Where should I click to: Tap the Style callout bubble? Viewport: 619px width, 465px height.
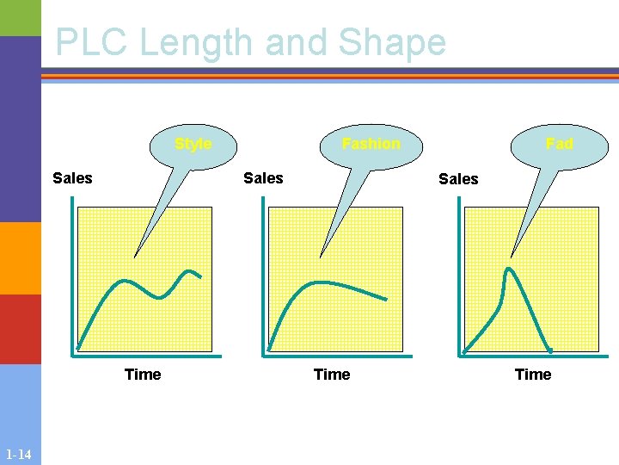point(193,144)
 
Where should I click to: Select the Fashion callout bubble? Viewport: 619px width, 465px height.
point(371,144)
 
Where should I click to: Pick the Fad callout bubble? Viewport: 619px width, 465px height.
point(559,144)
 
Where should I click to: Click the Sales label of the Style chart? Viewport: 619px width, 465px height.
point(72,178)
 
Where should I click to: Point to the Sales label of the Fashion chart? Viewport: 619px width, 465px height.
point(263,178)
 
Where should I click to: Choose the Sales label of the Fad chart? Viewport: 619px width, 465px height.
point(458,179)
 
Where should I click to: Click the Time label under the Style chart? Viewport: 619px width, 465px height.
point(143,374)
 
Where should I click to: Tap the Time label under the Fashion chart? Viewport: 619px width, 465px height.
point(332,374)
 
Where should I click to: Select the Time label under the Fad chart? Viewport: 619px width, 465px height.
point(533,374)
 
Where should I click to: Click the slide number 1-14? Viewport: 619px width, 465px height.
point(18,455)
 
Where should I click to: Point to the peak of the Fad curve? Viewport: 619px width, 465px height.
point(509,270)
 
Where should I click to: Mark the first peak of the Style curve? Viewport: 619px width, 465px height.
point(126,280)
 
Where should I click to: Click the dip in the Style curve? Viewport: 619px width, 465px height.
point(159,297)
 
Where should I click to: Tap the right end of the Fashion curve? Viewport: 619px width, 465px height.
point(386,300)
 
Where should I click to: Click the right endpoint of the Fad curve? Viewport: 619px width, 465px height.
point(550,350)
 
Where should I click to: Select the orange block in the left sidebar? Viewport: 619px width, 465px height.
point(21,258)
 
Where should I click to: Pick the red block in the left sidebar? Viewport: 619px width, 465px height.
point(21,329)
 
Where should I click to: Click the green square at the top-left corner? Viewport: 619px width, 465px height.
point(21,17)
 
